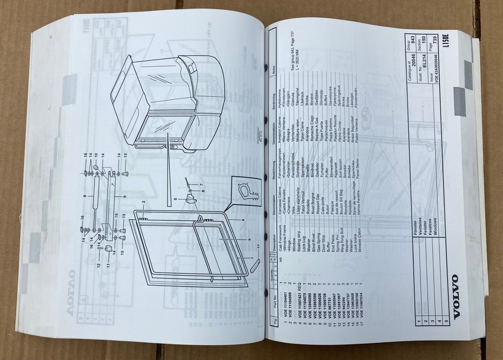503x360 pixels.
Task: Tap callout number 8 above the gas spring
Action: tap(84, 197)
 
